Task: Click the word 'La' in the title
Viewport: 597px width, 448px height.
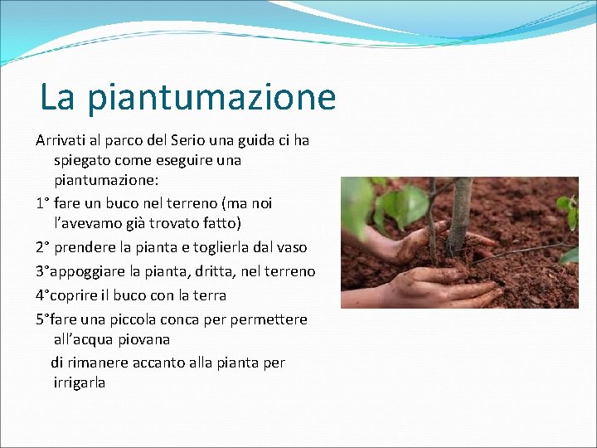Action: pyautogui.click(x=56, y=98)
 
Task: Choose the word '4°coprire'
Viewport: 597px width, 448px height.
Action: pyautogui.click(x=67, y=295)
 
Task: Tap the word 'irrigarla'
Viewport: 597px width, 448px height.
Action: pyautogui.click(x=79, y=383)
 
